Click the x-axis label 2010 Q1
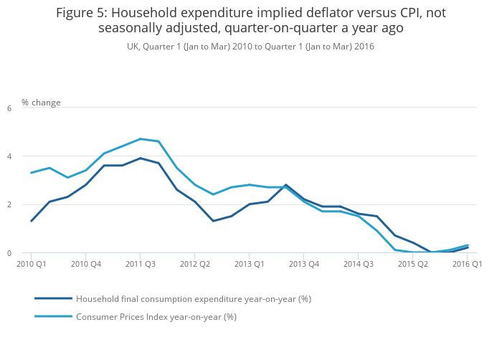[31, 264]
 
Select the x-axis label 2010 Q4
[85, 264]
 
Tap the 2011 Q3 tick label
[140, 264]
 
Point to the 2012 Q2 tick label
[194, 264]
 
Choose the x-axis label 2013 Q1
[249, 264]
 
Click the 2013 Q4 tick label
[303, 264]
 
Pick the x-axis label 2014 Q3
[358, 264]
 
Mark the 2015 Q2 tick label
[412, 264]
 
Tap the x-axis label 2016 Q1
[467, 264]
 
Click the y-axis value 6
[9, 108]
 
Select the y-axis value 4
[9, 156]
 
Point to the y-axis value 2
[9, 205]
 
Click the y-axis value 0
[9, 253]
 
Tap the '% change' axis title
[41, 103]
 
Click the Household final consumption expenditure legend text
[193, 298]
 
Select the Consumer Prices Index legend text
[156, 316]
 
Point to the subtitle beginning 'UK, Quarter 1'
[250, 46]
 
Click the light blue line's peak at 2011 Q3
[140, 139]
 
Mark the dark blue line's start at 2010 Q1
[31, 221]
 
